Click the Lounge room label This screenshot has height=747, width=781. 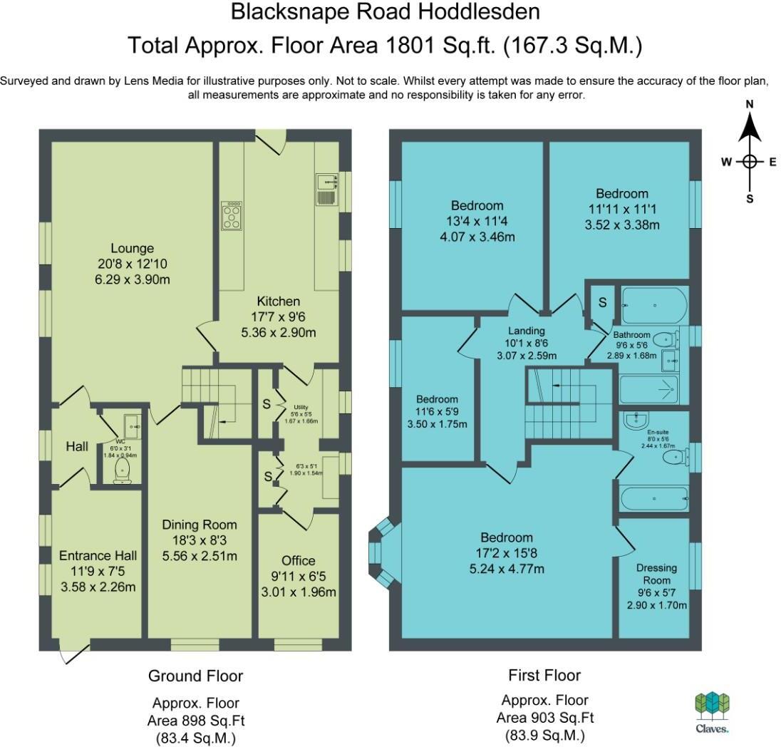tap(132, 248)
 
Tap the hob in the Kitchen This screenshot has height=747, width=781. tap(232, 216)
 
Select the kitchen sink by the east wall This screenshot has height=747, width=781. tap(327, 190)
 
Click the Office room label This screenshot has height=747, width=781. tap(299, 561)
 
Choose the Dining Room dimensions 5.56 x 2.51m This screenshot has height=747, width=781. tap(200, 556)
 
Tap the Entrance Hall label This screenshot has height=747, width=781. tap(98, 555)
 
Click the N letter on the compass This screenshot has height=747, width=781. tap(749, 104)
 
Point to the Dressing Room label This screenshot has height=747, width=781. tap(656, 574)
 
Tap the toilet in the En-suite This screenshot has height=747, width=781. tap(676, 456)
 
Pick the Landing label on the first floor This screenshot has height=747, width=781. tap(527, 331)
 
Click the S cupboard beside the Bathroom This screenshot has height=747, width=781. tap(603, 302)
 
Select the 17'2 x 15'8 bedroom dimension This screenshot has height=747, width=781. tap(507, 552)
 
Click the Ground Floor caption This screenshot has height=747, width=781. tap(195, 676)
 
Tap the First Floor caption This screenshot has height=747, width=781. tap(544, 675)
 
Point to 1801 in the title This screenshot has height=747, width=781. tap(410, 46)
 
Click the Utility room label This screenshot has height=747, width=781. tap(301, 407)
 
